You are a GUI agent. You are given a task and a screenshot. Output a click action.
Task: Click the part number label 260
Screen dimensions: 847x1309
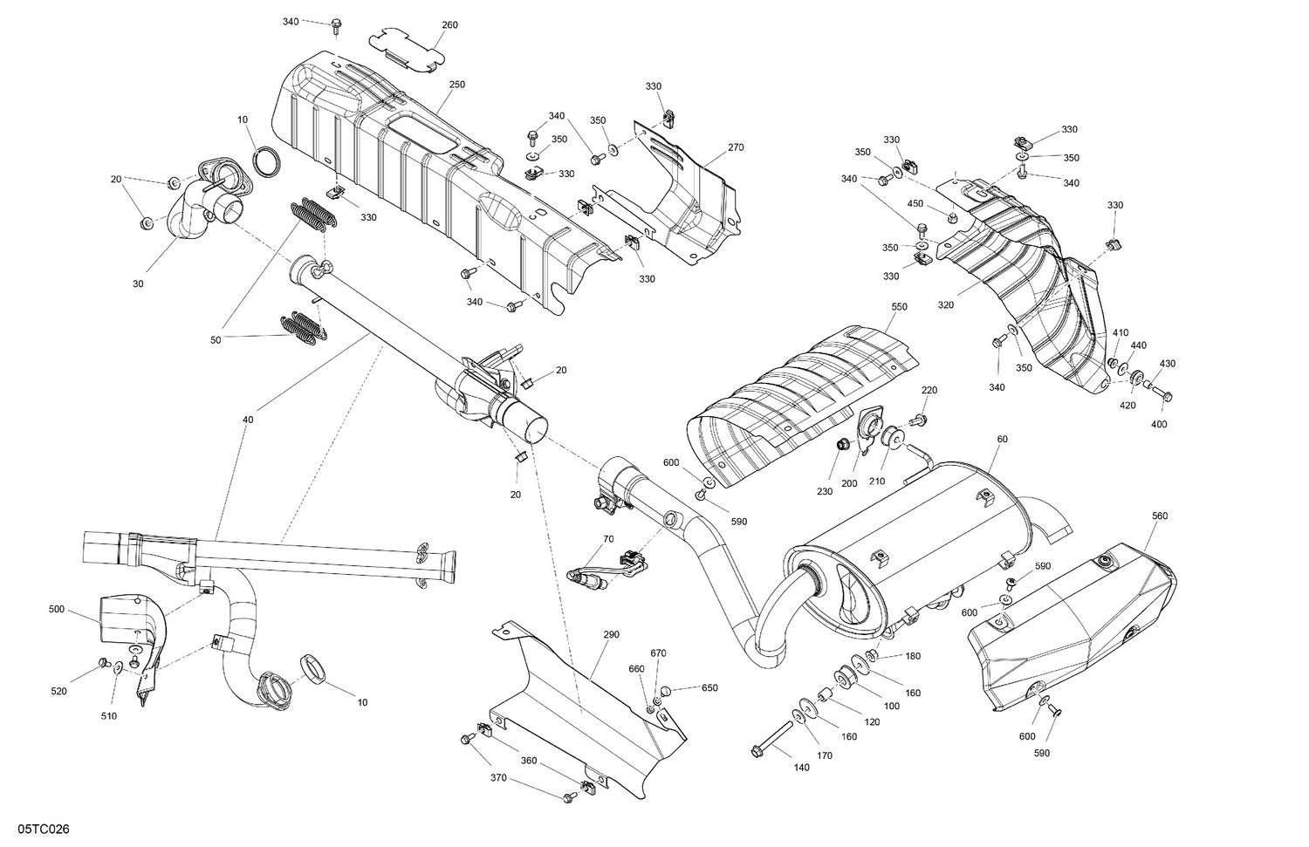click(x=449, y=25)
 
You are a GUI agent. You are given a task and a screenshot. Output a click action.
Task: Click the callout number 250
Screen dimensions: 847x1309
click(x=457, y=85)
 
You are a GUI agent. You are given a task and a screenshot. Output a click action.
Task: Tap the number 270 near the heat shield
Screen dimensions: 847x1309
click(x=736, y=147)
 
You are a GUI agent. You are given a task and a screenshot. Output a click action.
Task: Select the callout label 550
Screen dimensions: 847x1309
click(x=899, y=307)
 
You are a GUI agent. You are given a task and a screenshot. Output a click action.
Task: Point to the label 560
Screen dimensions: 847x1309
click(x=1159, y=516)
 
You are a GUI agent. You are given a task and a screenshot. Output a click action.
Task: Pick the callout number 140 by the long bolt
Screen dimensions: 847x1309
click(x=801, y=768)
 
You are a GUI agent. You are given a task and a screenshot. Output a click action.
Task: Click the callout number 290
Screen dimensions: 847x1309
click(x=611, y=634)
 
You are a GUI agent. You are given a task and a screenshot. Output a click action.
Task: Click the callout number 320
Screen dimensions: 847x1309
click(x=945, y=305)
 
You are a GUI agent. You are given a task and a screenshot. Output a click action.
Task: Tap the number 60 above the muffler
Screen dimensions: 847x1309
click(x=1002, y=439)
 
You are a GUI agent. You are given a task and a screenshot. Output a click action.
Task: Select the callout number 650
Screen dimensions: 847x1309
click(x=709, y=687)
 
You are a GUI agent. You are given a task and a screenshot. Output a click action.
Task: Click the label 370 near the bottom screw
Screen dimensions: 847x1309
click(x=498, y=778)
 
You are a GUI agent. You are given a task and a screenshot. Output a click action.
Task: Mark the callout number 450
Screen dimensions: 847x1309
click(x=915, y=203)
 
